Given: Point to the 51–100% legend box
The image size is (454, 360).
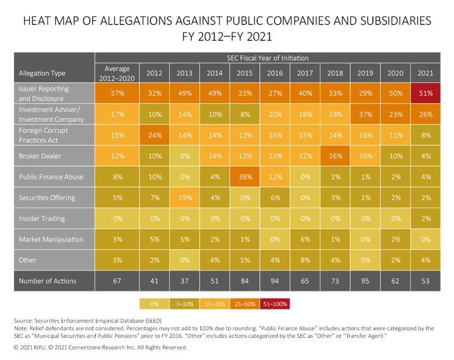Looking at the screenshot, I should [276, 303].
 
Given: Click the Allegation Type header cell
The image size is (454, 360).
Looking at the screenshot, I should [43, 73].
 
